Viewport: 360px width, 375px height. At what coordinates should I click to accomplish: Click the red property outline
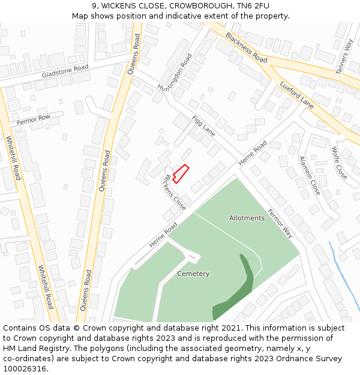coord(181,173)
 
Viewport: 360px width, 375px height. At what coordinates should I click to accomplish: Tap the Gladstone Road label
coord(65,71)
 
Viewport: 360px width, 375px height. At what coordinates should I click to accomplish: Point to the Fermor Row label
coord(34,119)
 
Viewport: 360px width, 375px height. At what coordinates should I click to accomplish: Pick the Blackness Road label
coord(246,47)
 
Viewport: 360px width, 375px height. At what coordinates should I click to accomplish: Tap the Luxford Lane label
coord(296,94)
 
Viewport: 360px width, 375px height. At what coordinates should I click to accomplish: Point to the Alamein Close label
coord(310,175)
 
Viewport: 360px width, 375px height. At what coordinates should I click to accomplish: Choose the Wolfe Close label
coord(339,163)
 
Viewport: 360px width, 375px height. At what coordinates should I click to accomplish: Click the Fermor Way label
coord(280,223)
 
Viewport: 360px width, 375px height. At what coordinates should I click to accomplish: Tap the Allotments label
coord(246,218)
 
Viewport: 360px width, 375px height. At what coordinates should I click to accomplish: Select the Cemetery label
coord(193,274)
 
